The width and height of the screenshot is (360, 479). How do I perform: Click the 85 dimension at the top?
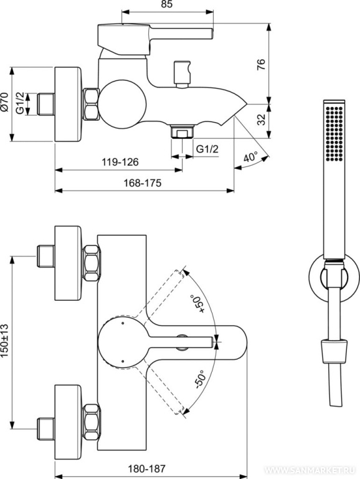point(166,4)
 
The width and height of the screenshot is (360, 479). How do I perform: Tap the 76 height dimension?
point(262,65)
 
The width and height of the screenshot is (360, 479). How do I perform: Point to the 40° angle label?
point(251,158)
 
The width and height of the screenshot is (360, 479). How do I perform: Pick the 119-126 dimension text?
point(120,162)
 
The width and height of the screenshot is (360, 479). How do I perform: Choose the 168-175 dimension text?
point(142,183)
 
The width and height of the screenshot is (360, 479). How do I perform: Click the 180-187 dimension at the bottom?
point(146,468)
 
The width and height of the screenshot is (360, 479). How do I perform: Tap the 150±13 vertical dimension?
point(5,341)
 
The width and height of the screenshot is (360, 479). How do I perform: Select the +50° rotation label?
point(197,303)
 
